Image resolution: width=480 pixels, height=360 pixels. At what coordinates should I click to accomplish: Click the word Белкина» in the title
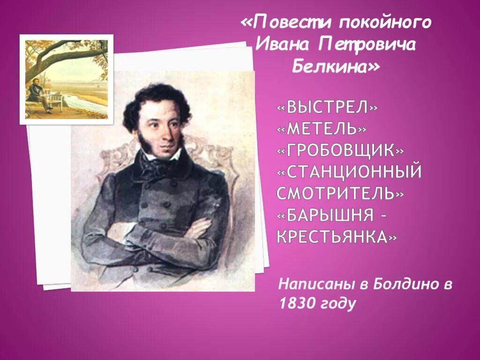336,67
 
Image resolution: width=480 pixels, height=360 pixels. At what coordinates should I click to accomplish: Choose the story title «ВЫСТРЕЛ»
327,107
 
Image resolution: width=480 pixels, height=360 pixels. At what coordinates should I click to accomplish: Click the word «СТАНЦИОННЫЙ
349,172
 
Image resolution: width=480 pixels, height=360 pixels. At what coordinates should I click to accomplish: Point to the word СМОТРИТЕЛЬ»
340,193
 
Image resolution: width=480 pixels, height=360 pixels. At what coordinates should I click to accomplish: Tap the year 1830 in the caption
295,304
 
